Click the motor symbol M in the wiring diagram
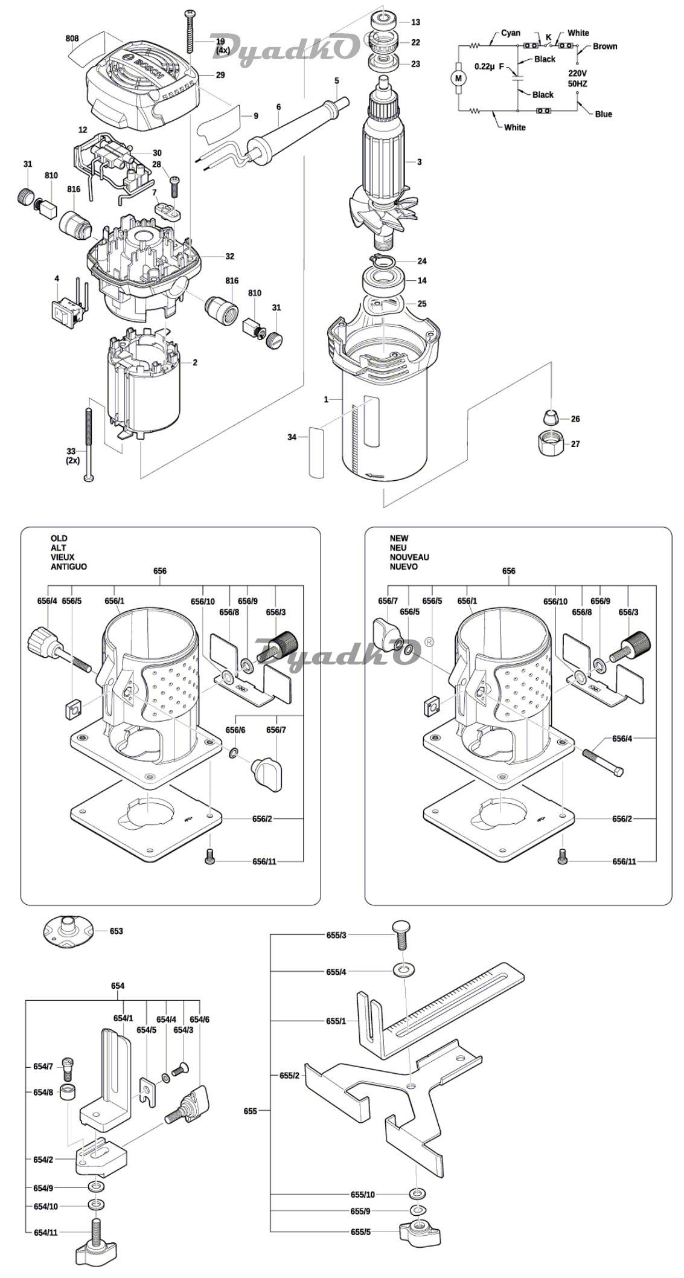coord(458,77)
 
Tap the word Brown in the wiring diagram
coord(604,46)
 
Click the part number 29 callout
coord(220,75)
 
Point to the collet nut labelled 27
coord(550,444)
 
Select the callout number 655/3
coord(336,935)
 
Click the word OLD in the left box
coord(59,538)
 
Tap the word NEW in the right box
coord(398,538)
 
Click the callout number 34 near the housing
coord(292,437)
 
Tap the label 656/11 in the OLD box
coord(264,861)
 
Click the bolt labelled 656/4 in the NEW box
coord(602,762)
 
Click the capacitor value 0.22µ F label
coord(489,66)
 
